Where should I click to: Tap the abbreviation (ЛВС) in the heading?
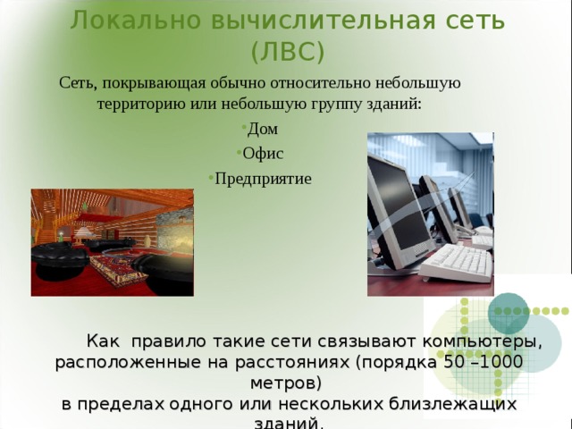tap(287, 53)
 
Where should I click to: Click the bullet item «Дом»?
tap(263, 129)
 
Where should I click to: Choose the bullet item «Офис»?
tap(268, 153)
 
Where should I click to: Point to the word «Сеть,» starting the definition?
tap(79, 84)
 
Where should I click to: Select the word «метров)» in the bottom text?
tap(285, 383)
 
